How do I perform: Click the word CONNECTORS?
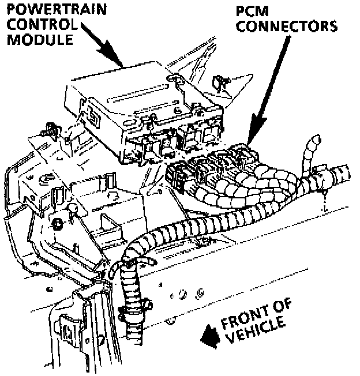click(x=287, y=27)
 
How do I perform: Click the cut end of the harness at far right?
click(x=345, y=171)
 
